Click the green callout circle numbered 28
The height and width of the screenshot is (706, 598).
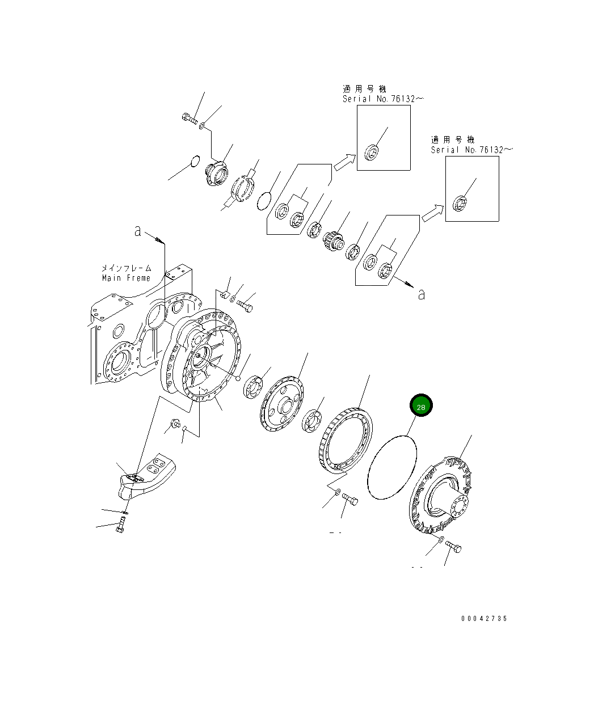421,406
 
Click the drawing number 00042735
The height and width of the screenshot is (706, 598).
484,619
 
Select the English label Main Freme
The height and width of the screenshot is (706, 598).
126,278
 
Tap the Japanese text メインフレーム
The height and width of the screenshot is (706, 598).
126,268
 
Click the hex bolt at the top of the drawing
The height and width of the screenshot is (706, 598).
189,119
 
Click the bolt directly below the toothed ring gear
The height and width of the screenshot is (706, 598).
349,501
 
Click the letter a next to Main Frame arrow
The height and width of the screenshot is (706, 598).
137,231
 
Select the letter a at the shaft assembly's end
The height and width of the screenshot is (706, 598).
421,294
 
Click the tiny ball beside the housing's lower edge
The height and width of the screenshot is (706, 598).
239,378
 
